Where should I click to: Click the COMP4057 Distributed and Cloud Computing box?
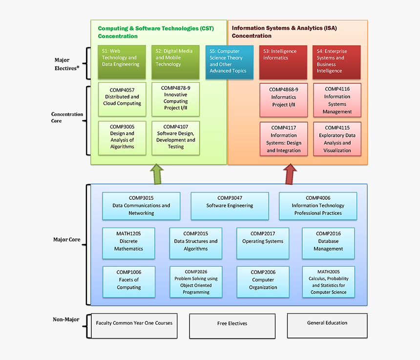(x=122, y=97)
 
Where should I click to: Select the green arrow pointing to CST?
(x=157, y=174)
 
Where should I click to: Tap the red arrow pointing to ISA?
(x=291, y=174)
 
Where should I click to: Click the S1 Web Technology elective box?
(x=122, y=61)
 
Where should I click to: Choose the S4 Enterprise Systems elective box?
(x=336, y=61)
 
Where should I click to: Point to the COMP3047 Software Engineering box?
(x=230, y=206)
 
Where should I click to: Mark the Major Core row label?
(x=66, y=240)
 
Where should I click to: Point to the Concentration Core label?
(x=67, y=118)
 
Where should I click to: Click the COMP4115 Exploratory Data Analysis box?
(x=337, y=139)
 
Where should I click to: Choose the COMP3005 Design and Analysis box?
(x=122, y=138)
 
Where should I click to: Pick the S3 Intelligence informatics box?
(x=283, y=61)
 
